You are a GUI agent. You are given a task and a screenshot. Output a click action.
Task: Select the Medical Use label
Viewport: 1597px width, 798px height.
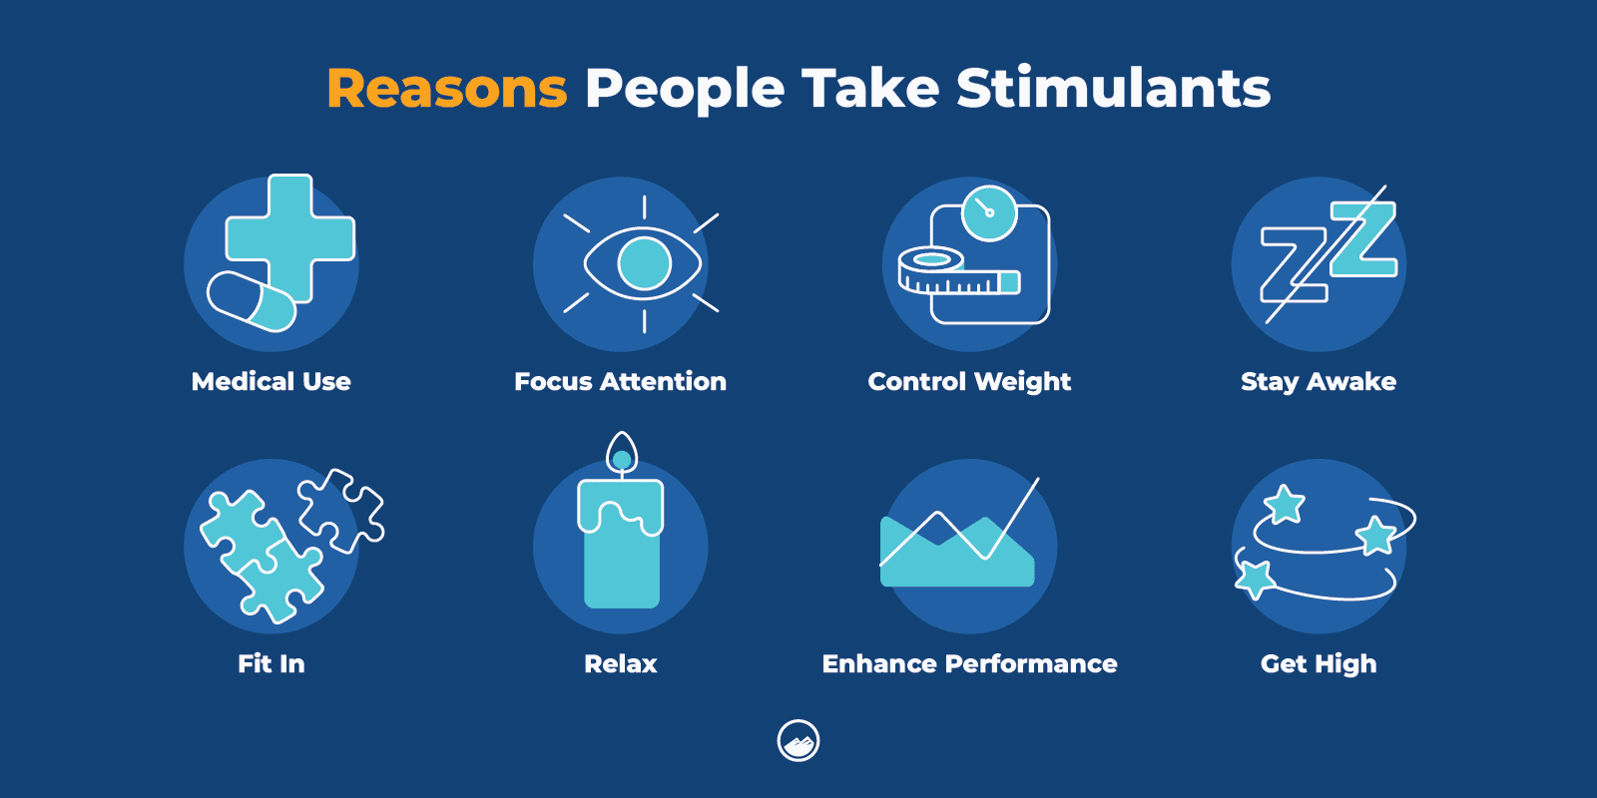click(270, 381)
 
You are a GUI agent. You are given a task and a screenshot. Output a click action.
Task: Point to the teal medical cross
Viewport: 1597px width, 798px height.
click(289, 237)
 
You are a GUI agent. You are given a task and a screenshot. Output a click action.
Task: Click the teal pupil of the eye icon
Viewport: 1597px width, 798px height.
click(644, 263)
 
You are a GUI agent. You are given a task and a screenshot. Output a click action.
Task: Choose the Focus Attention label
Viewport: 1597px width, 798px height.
click(620, 381)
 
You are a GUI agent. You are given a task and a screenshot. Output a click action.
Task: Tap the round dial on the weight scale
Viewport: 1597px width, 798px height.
click(988, 212)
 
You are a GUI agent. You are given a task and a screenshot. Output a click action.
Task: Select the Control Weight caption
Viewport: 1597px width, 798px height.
click(968, 381)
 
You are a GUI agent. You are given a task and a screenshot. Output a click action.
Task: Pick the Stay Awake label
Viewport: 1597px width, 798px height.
click(1318, 381)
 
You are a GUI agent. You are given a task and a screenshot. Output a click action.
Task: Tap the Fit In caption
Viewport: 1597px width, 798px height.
click(270, 663)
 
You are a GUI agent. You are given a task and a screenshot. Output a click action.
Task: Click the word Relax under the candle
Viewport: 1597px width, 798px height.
click(620, 663)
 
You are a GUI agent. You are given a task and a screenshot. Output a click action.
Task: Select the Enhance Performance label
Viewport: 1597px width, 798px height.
click(968, 663)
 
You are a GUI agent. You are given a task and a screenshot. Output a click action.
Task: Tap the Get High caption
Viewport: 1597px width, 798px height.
click(1318, 663)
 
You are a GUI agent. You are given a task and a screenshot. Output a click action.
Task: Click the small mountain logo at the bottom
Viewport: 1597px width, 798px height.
click(798, 741)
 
